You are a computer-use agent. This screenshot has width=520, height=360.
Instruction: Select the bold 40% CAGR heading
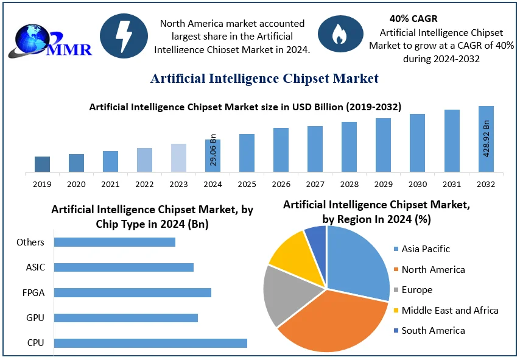tap(413, 19)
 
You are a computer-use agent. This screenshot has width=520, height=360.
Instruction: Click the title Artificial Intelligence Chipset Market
tap(264, 78)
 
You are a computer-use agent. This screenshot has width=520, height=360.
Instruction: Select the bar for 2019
tap(42, 164)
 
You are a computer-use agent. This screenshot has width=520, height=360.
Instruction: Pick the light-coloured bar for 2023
tap(178, 158)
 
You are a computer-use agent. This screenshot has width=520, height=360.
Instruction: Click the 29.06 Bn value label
tap(213, 150)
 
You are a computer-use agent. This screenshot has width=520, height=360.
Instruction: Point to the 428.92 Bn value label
tap(487, 139)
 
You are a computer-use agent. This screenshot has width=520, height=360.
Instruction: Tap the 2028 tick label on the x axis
tap(349, 184)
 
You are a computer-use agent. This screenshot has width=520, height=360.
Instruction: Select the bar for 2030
tap(417, 143)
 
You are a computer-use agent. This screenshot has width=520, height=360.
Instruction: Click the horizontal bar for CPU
tap(150, 343)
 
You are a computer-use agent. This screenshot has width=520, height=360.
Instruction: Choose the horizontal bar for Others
tap(114, 242)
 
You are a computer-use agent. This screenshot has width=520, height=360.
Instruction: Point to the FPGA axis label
tap(33, 292)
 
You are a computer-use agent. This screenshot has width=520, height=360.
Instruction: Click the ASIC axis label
tap(35, 267)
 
